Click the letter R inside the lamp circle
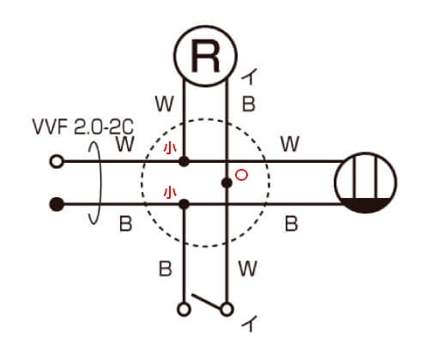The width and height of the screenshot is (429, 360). [205, 56]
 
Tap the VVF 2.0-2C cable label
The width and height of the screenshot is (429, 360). [83, 126]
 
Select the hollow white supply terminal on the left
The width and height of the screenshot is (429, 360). [57, 161]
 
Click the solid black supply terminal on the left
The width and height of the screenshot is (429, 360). [57, 204]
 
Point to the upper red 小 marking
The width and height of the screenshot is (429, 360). [170, 149]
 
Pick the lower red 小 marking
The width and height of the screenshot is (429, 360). [170, 193]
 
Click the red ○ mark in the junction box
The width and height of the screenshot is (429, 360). [241, 175]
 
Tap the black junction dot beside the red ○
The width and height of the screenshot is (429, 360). [227, 183]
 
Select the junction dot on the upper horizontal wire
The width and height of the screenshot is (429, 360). [184, 161]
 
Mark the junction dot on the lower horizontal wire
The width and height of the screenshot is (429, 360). [184, 204]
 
